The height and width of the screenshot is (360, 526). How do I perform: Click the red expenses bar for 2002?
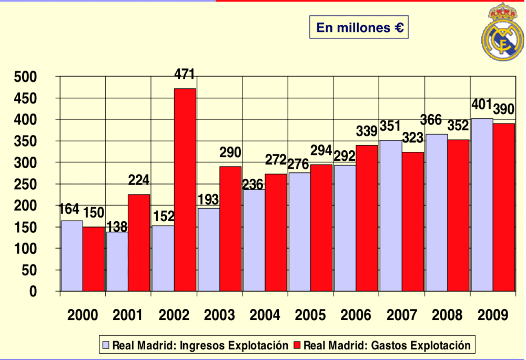click(185, 189)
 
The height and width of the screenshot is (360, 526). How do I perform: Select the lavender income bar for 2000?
click(72, 255)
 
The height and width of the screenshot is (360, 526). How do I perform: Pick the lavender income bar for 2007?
click(390, 215)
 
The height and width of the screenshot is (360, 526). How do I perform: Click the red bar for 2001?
click(139, 242)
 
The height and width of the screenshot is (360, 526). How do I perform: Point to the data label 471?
click(185, 74)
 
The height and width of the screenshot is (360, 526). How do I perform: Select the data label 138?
click(117, 227)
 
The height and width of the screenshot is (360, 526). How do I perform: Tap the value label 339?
click(367, 131)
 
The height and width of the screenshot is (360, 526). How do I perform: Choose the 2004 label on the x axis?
click(265, 315)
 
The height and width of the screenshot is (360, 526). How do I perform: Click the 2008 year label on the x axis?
click(447, 315)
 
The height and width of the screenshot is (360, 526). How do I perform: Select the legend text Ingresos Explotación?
click(234, 345)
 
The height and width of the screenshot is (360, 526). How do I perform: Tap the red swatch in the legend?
click(298, 345)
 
